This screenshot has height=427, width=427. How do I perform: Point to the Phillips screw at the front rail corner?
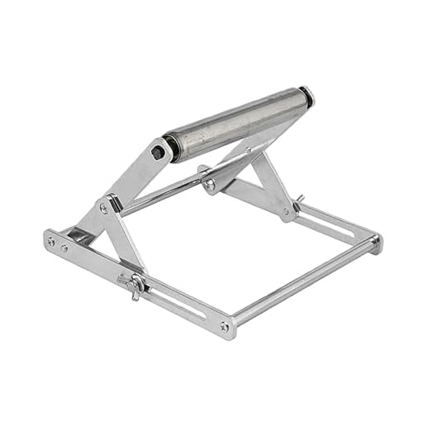(x=224, y=327)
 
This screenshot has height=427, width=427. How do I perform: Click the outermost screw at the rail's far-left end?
(x=52, y=241)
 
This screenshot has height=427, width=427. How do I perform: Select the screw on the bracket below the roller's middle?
(x=210, y=184)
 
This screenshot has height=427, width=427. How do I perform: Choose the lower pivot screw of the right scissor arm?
(x=286, y=211)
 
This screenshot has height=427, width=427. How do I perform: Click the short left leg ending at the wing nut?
(x=123, y=246)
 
